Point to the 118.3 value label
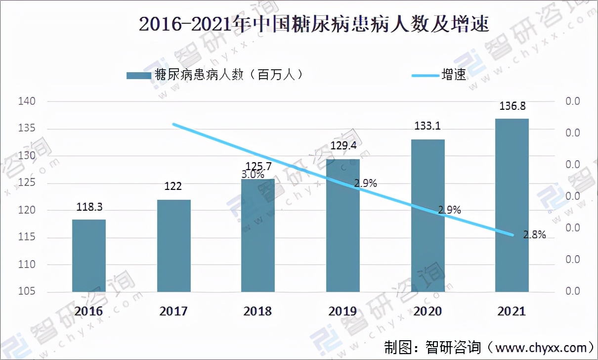click(89, 207)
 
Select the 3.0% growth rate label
click(253, 174)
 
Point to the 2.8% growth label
click(534, 235)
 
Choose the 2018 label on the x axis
click(257, 312)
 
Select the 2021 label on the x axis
click(512, 312)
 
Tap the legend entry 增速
click(440, 75)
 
